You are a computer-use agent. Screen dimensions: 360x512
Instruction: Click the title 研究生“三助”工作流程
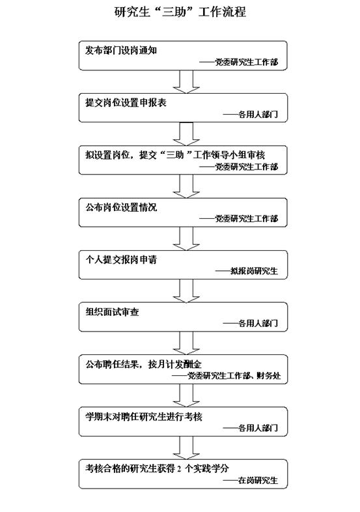click(x=180, y=12)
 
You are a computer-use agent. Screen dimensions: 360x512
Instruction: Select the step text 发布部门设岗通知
click(x=121, y=51)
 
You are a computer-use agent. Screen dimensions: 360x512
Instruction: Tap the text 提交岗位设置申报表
click(x=126, y=103)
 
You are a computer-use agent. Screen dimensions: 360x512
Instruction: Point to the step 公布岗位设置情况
click(x=121, y=207)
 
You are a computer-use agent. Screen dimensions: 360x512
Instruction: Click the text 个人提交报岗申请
click(x=121, y=260)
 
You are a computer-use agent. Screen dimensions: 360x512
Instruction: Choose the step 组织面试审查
click(x=112, y=312)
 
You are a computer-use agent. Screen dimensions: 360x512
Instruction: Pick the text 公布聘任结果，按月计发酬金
click(x=144, y=364)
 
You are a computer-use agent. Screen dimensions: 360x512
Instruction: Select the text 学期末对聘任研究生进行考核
click(x=144, y=417)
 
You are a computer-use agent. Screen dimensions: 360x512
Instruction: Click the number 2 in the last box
click(x=179, y=469)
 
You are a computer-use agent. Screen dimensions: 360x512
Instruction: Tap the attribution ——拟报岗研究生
click(x=247, y=271)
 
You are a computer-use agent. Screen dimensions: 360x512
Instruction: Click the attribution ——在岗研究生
click(x=251, y=480)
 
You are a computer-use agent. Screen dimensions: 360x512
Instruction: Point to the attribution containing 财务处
click(x=226, y=376)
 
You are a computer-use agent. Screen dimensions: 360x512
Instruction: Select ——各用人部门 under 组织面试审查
click(x=251, y=323)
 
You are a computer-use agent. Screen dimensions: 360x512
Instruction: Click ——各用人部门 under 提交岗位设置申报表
click(x=251, y=114)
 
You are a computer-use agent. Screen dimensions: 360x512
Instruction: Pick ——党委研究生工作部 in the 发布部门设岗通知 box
click(x=238, y=62)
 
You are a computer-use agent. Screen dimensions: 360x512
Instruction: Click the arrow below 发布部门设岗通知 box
click(x=186, y=81)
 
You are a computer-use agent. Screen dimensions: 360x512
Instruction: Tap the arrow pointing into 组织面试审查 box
click(x=186, y=291)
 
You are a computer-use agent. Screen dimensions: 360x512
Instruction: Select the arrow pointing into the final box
click(x=186, y=448)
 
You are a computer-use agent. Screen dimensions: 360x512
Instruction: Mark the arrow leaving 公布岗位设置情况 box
click(x=186, y=238)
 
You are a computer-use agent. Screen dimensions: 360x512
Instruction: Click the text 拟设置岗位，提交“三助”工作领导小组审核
click(x=175, y=155)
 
